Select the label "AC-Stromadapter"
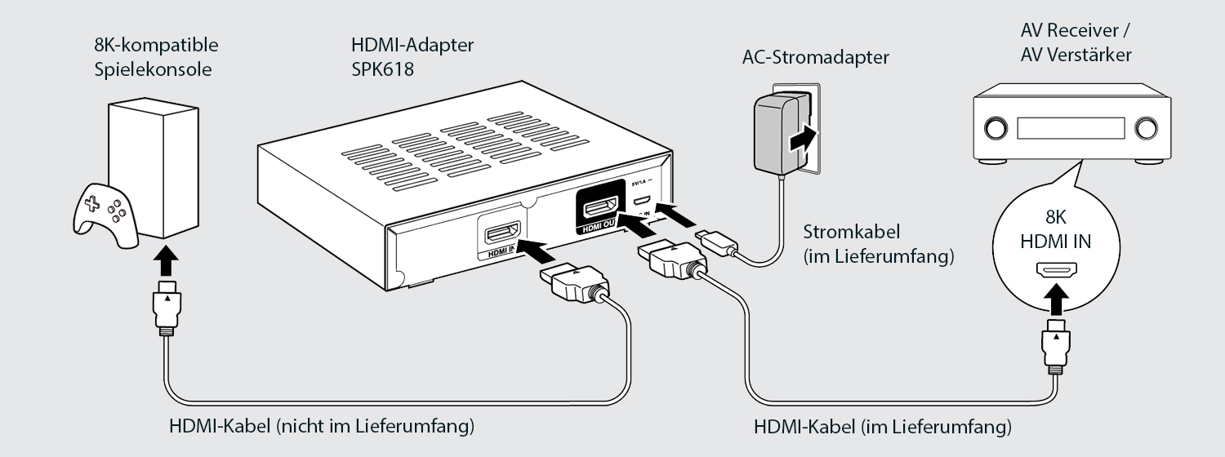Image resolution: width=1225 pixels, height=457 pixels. tap(815, 57)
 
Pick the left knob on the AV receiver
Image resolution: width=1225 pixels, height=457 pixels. tap(996, 127)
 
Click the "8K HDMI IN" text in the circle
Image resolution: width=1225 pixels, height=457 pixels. tap(1056, 230)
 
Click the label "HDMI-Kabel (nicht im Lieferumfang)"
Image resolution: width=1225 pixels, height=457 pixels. tap(322, 425)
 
